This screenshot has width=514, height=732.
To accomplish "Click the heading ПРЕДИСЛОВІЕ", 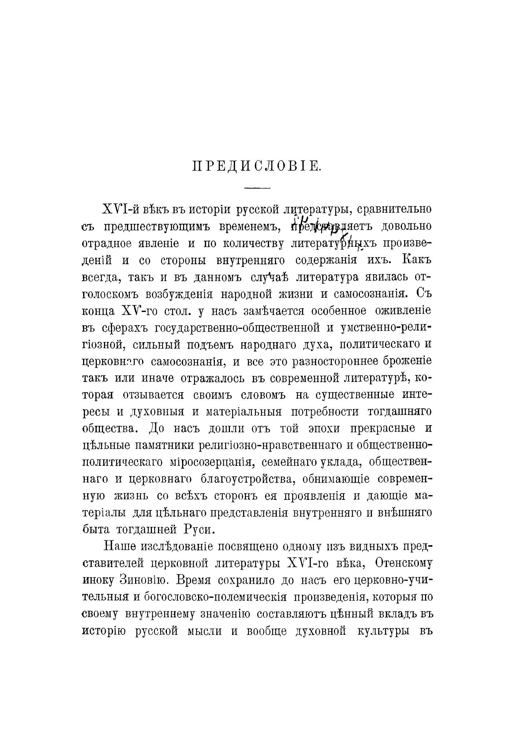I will (x=257, y=167).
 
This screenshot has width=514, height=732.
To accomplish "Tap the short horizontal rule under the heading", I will (x=257, y=188).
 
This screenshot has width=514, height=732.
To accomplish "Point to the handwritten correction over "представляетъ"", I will (x=319, y=222).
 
